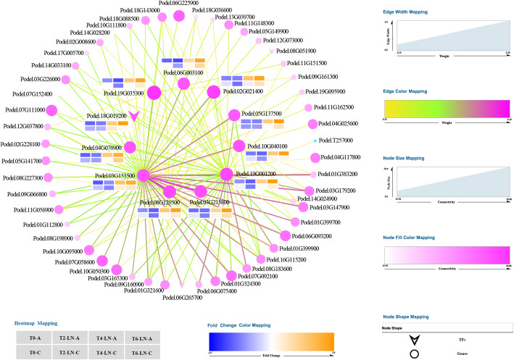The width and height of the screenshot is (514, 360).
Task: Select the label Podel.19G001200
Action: (253, 175)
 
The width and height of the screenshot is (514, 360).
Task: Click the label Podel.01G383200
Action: (341, 175)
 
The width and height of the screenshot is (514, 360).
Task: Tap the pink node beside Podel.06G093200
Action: (286, 235)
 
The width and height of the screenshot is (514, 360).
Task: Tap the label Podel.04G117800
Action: (346, 157)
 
